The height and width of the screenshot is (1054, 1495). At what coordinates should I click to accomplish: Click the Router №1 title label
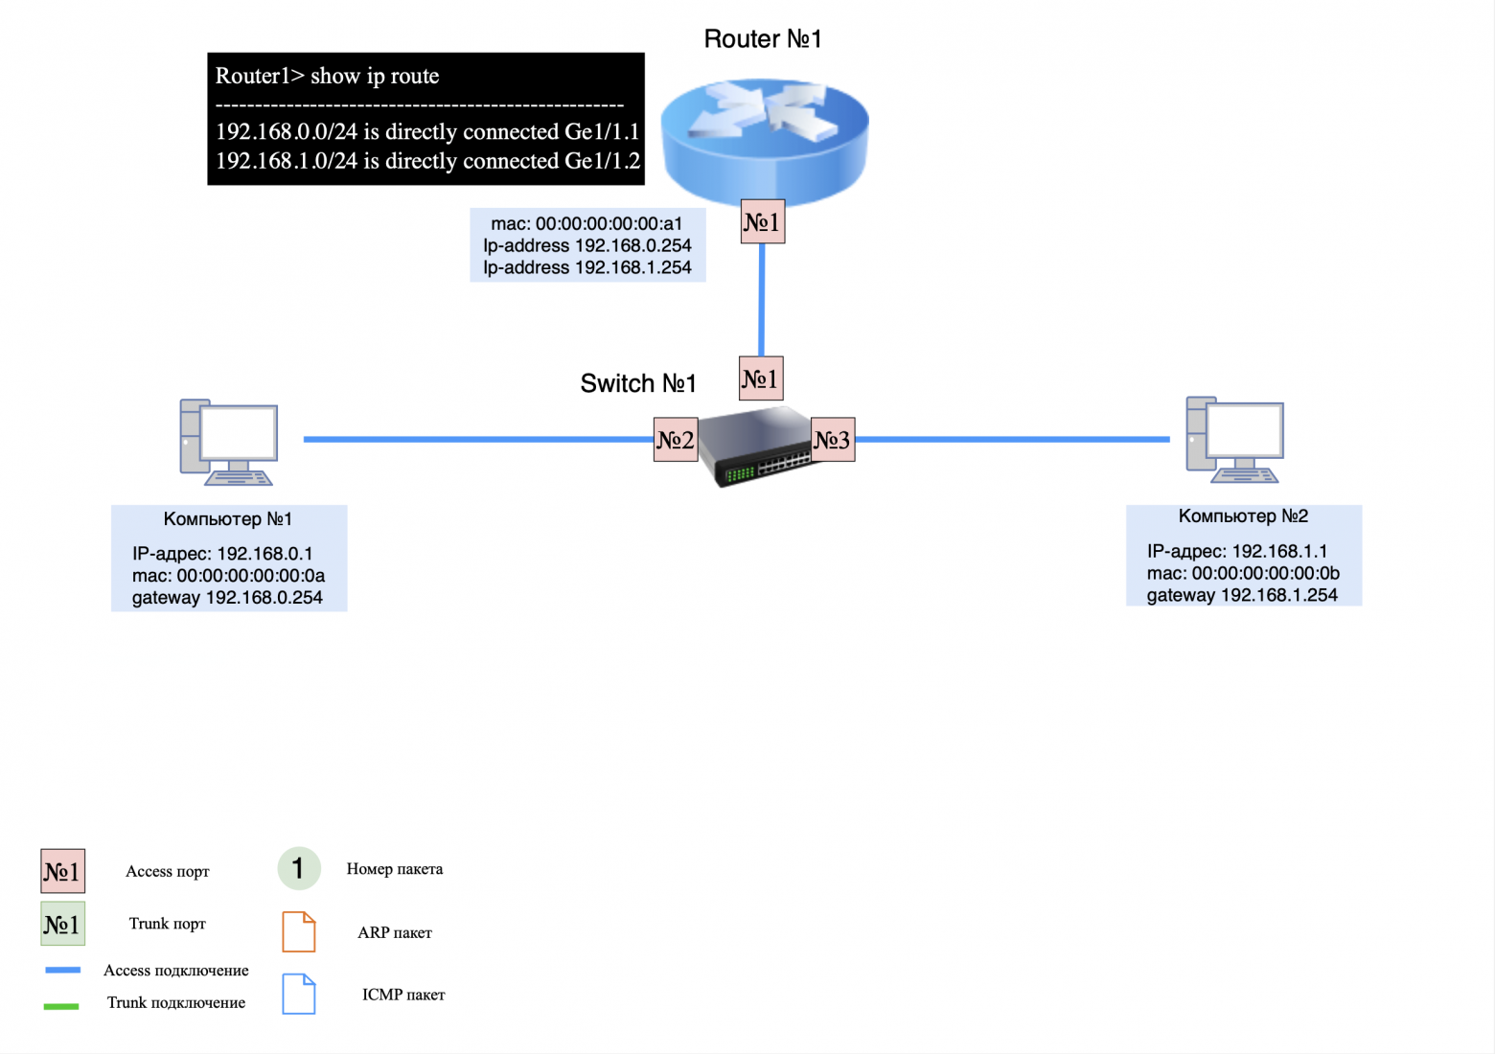[762, 39]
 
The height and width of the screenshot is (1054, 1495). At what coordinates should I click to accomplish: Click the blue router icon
[764, 139]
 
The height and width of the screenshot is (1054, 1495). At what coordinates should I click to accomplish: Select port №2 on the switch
[676, 440]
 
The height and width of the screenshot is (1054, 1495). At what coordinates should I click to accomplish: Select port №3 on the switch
[833, 440]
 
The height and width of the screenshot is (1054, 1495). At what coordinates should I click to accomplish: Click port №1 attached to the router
[763, 222]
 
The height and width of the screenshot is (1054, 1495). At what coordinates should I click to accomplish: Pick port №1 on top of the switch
[761, 378]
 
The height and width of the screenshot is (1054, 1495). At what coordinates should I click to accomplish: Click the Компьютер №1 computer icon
[229, 442]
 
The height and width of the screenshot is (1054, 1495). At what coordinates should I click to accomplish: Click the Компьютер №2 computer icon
[1234, 440]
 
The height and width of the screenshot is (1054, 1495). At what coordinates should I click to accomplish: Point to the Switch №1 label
[638, 384]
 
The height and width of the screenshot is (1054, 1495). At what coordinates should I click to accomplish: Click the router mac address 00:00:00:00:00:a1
[586, 224]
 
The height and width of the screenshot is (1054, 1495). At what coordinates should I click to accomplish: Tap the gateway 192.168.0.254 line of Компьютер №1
[227, 598]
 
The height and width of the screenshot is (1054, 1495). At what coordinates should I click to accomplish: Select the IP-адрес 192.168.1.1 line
[1236, 552]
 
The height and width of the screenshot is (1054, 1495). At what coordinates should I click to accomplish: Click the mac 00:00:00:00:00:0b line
[1243, 574]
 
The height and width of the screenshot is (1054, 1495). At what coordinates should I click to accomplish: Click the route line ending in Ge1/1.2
[427, 161]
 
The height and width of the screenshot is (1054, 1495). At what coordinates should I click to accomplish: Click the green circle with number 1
[298, 869]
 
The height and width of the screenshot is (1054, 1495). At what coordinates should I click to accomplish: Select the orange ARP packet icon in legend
[299, 932]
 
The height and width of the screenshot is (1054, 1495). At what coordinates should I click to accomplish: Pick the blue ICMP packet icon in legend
[299, 995]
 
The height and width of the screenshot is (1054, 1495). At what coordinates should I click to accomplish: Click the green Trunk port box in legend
[62, 925]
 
